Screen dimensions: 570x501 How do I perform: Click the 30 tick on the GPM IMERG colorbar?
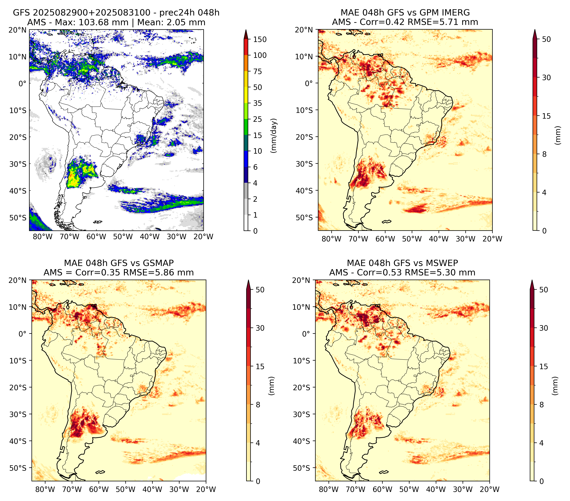(x=546, y=78)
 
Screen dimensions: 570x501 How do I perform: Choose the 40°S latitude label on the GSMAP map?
(x=18, y=441)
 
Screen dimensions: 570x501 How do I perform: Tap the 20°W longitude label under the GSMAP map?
(x=206, y=489)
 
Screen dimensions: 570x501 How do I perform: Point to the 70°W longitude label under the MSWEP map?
(x=356, y=489)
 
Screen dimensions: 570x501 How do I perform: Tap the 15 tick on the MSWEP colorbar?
(x=544, y=367)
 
